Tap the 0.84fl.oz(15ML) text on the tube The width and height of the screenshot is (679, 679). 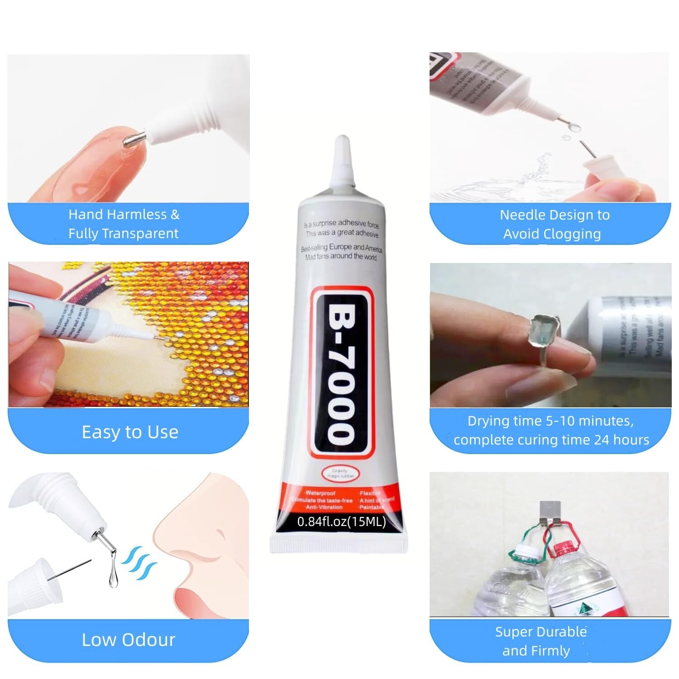point(341,521)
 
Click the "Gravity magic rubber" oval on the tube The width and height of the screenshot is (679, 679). point(339,473)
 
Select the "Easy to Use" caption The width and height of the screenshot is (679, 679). point(130,432)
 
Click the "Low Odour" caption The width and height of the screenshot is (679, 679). point(128,640)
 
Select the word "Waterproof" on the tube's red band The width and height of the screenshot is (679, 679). point(320,493)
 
